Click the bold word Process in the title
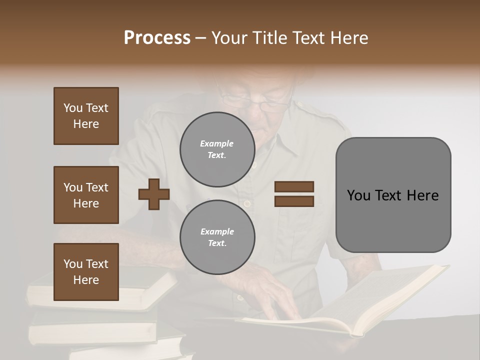point(157,38)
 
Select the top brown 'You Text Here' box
point(86,116)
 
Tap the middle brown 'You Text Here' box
point(86,195)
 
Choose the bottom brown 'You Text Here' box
point(86,272)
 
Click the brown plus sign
point(154,194)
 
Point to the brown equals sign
point(294,194)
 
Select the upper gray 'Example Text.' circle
point(217,149)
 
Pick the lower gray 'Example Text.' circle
point(217,237)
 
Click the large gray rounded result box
point(393,195)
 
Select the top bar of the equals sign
point(294,187)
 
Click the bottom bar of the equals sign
point(294,201)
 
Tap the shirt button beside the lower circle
point(246,204)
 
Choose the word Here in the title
point(350,38)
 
